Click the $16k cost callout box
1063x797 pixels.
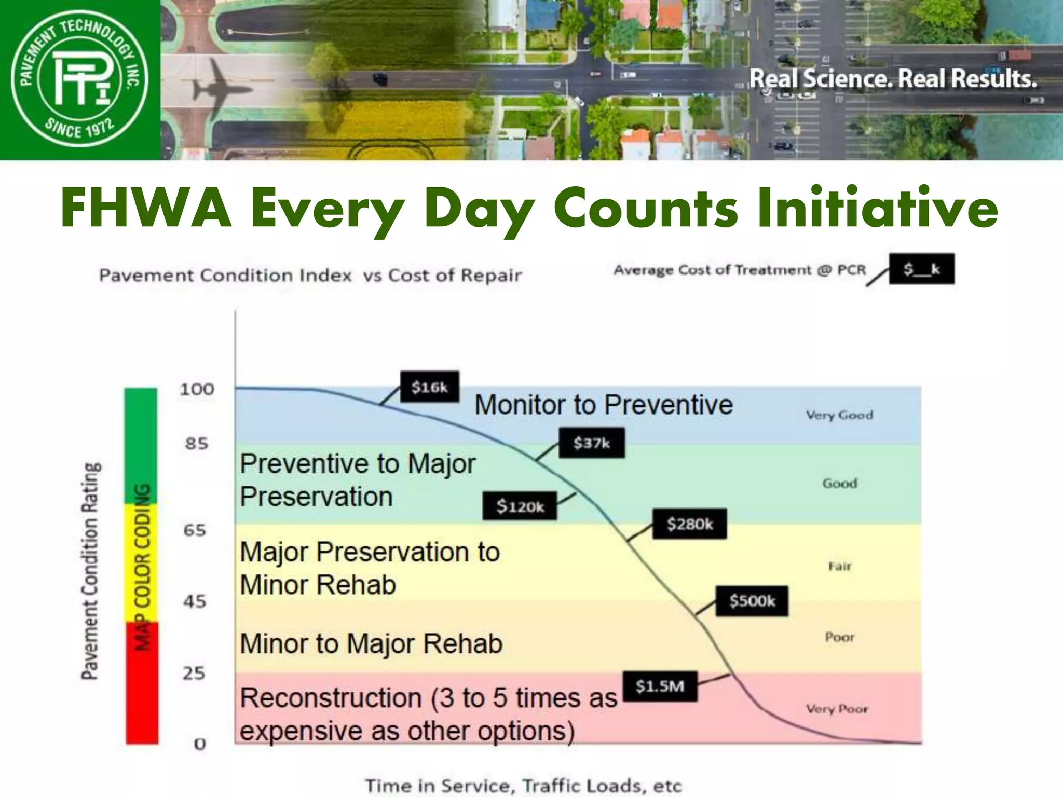[430, 387]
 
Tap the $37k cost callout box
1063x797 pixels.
[592, 443]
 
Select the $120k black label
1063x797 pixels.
[520, 506]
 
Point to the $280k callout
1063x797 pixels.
[690, 524]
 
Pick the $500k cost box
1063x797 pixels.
[752, 601]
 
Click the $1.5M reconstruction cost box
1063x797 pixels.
[660, 686]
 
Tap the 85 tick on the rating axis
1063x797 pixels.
[196, 444]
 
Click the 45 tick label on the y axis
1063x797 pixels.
[195, 601]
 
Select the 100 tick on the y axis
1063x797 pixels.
[197, 389]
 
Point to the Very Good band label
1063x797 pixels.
[839, 415]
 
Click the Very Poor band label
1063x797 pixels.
[837, 709]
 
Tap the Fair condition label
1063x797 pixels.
[840, 566]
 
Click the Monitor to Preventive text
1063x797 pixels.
[603, 405]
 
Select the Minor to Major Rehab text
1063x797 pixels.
[371, 644]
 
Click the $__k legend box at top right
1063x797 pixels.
[921, 269]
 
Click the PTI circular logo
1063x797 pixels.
[80, 79]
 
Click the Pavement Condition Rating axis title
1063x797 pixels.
[90, 571]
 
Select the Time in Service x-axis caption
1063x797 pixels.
[523, 786]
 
